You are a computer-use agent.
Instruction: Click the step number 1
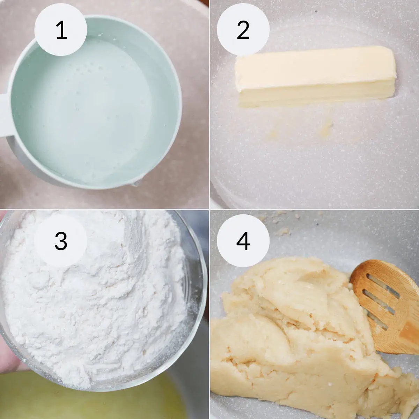[61, 30]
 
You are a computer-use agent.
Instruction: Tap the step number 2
[243, 30]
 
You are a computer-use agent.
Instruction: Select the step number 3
[61, 241]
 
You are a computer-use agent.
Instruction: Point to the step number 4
[243, 241]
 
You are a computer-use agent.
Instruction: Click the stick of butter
[315, 76]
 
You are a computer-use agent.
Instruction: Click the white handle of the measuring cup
[4, 115]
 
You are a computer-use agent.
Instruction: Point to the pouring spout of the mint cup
[134, 185]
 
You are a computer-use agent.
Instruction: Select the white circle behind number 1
[61, 30]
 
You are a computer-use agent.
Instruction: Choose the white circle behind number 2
[243, 30]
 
